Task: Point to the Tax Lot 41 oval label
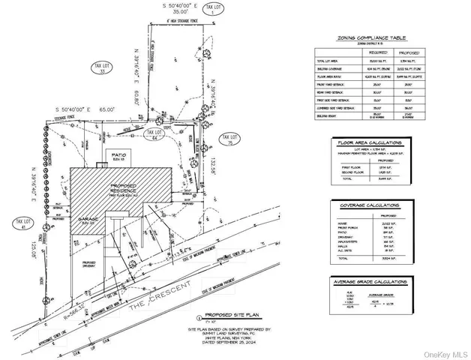pos(20,223)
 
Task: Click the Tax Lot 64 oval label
pos(155,134)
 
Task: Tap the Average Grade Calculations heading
pos(370,283)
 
